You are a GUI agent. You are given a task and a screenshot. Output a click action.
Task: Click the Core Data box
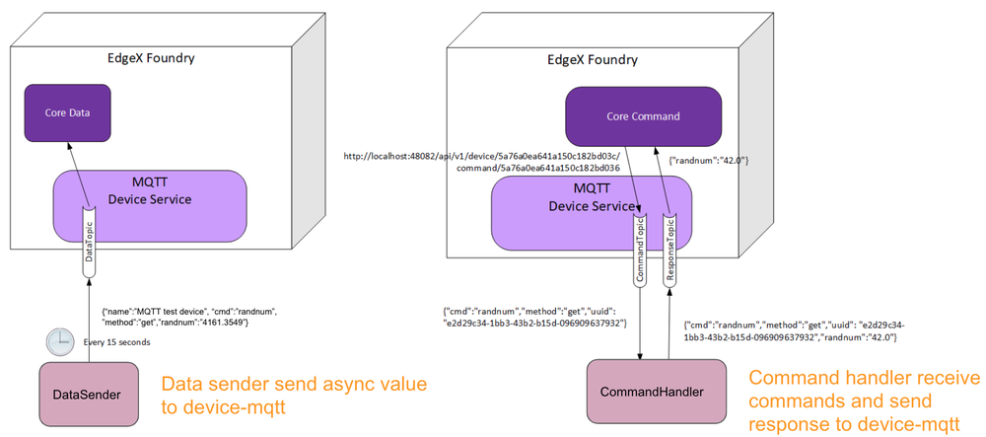click(x=68, y=113)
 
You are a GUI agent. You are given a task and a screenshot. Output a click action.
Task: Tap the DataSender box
click(x=87, y=395)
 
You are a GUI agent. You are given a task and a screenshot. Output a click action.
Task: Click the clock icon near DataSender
click(x=59, y=342)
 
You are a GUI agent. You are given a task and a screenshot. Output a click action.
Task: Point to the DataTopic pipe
click(x=89, y=240)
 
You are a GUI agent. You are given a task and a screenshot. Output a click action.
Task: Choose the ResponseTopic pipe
click(x=670, y=252)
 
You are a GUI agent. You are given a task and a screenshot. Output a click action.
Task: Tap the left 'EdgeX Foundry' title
click(x=151, y=58)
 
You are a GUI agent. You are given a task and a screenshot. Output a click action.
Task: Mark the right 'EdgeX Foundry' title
click(x=592, y=59)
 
